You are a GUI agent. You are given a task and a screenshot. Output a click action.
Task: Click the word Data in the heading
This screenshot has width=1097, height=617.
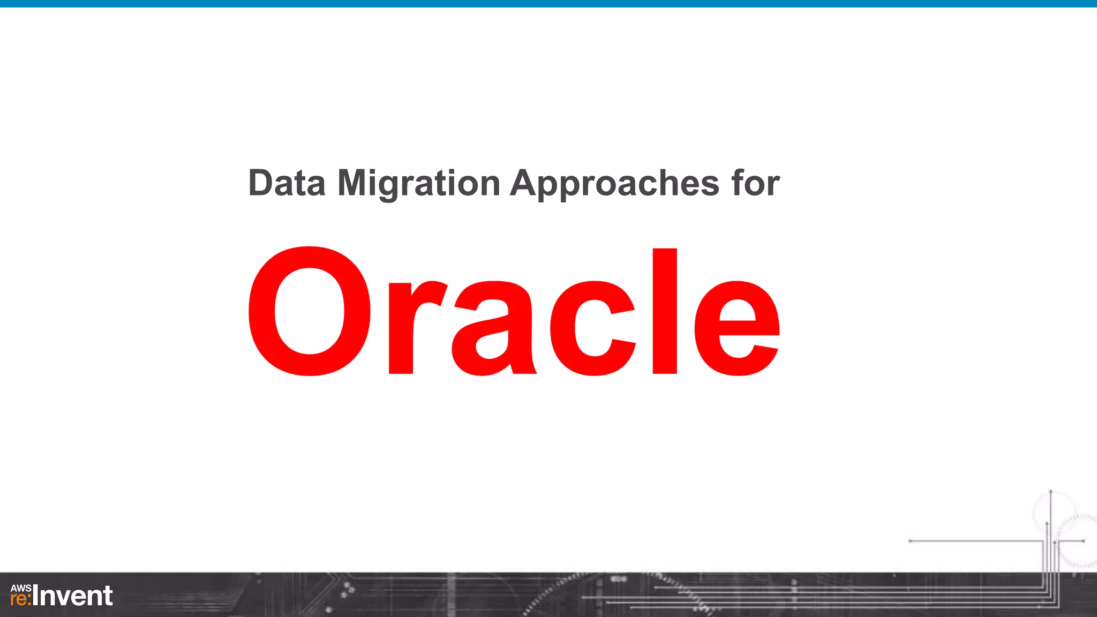(x=287, y=183)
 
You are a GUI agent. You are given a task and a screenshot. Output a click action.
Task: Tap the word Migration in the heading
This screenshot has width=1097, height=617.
(x=418, y=183)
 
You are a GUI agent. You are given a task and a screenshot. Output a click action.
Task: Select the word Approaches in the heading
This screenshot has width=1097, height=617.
(x=614, y=183)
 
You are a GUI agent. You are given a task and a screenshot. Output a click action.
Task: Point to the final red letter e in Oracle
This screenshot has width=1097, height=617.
(x=737, y=328)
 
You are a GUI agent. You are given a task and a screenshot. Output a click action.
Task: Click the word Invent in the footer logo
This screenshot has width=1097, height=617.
(x=73, y=596)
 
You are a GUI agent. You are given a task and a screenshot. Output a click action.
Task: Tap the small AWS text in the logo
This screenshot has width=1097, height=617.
(x=21, y=588)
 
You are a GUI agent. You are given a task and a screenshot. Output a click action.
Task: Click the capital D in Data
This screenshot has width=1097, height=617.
(x=261, y=183)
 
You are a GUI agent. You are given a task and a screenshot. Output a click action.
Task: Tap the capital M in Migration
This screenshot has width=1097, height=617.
(x=354, y=183)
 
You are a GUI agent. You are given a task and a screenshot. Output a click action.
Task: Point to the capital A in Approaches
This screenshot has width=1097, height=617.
(x=525, y=183)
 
